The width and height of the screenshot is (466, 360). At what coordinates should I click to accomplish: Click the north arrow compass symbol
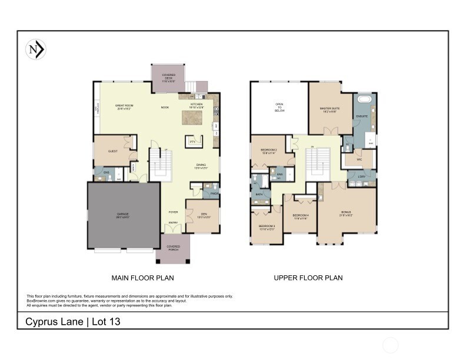click(x=36, y=50)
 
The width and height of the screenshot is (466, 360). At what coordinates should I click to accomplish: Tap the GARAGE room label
click(x=122, y=215)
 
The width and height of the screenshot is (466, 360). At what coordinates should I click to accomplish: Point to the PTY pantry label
click(x=192, y=142)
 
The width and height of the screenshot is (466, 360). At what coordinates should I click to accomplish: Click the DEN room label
click(x=203, y=215)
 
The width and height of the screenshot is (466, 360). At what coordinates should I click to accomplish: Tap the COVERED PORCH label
click(x=173, y=248)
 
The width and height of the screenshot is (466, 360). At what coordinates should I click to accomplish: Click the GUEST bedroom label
click(x=113, y=151)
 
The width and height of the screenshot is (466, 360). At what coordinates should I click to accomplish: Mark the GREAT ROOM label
click(x=124, y=106)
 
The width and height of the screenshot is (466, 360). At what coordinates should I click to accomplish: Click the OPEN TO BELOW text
click(x=279, y=107)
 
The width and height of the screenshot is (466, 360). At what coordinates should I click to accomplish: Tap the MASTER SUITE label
click(x=328, y=109)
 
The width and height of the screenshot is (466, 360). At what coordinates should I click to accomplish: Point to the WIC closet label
click(x=359, y=159)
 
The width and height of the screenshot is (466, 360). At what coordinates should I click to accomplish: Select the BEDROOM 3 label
click(x=267, y=227)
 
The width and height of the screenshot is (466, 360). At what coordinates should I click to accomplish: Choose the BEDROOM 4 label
click(x=300, y=217)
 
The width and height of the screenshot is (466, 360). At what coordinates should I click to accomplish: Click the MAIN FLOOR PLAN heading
click(x=142, y=278)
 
